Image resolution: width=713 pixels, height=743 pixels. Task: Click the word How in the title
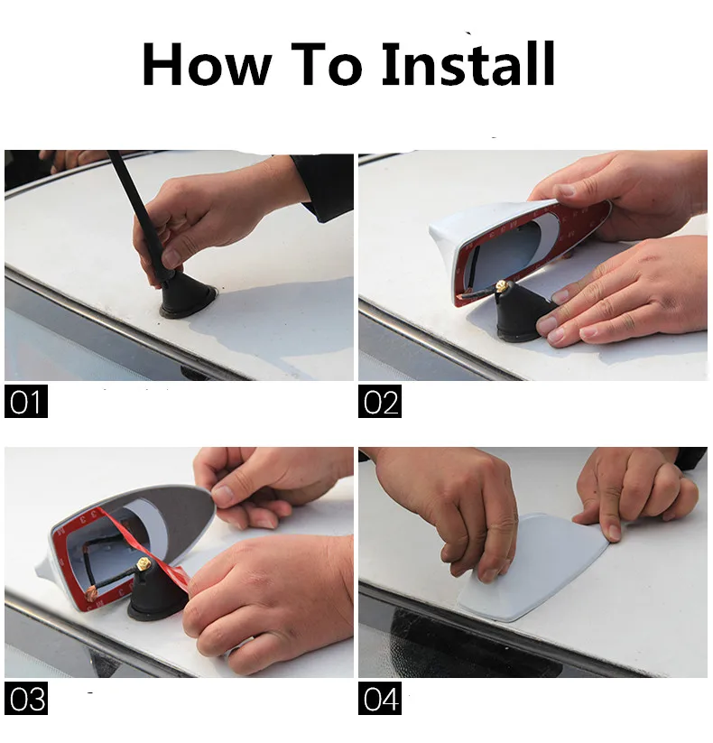(207, 64)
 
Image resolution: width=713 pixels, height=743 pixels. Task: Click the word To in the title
(326, 64)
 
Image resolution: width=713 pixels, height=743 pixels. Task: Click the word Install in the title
(468, 63)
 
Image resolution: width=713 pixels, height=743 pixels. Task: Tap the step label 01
(26, 402)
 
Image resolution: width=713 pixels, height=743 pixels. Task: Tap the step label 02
(380, 402)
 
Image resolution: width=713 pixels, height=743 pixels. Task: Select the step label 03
(26, 698)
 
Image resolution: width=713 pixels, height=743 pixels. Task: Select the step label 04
(380, 698)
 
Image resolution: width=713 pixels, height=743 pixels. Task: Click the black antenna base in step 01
(186, 296)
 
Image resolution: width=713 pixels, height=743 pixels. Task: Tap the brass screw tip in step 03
(142, 564)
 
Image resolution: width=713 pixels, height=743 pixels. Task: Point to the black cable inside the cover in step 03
(109, 569)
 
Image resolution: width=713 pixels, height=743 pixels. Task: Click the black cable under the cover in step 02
(479, 293)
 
